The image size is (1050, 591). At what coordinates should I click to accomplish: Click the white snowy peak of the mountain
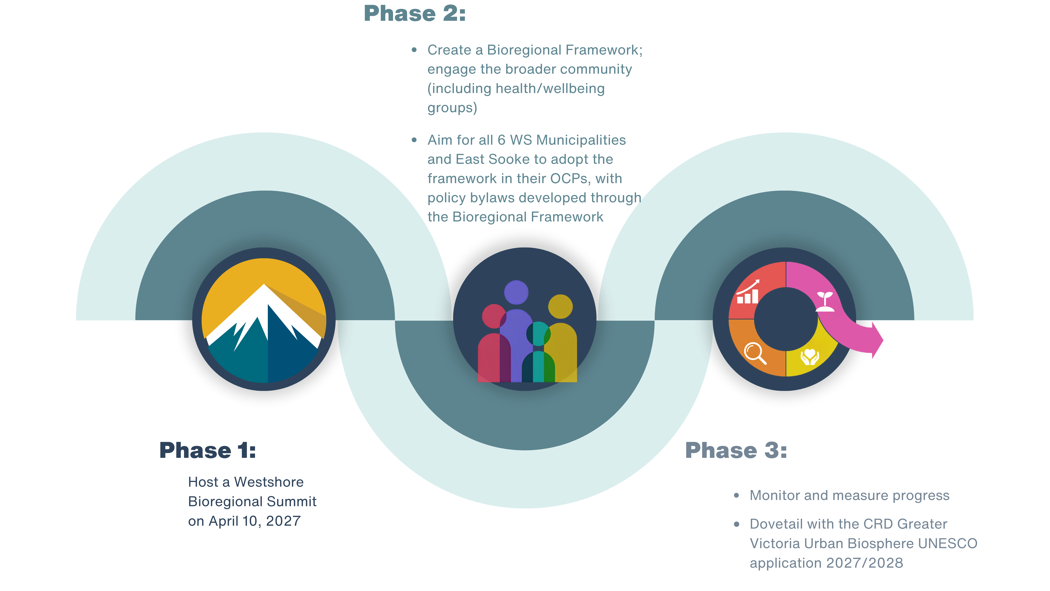264,310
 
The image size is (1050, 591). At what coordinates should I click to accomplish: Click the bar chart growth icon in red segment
748,292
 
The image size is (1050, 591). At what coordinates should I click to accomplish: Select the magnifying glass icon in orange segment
755,353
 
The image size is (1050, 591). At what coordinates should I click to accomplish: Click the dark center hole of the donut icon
786,319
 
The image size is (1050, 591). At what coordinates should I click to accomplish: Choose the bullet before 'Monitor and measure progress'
736,496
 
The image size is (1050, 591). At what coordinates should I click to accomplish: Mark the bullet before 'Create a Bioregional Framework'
414,50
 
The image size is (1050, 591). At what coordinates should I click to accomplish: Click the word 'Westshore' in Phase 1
269,482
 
